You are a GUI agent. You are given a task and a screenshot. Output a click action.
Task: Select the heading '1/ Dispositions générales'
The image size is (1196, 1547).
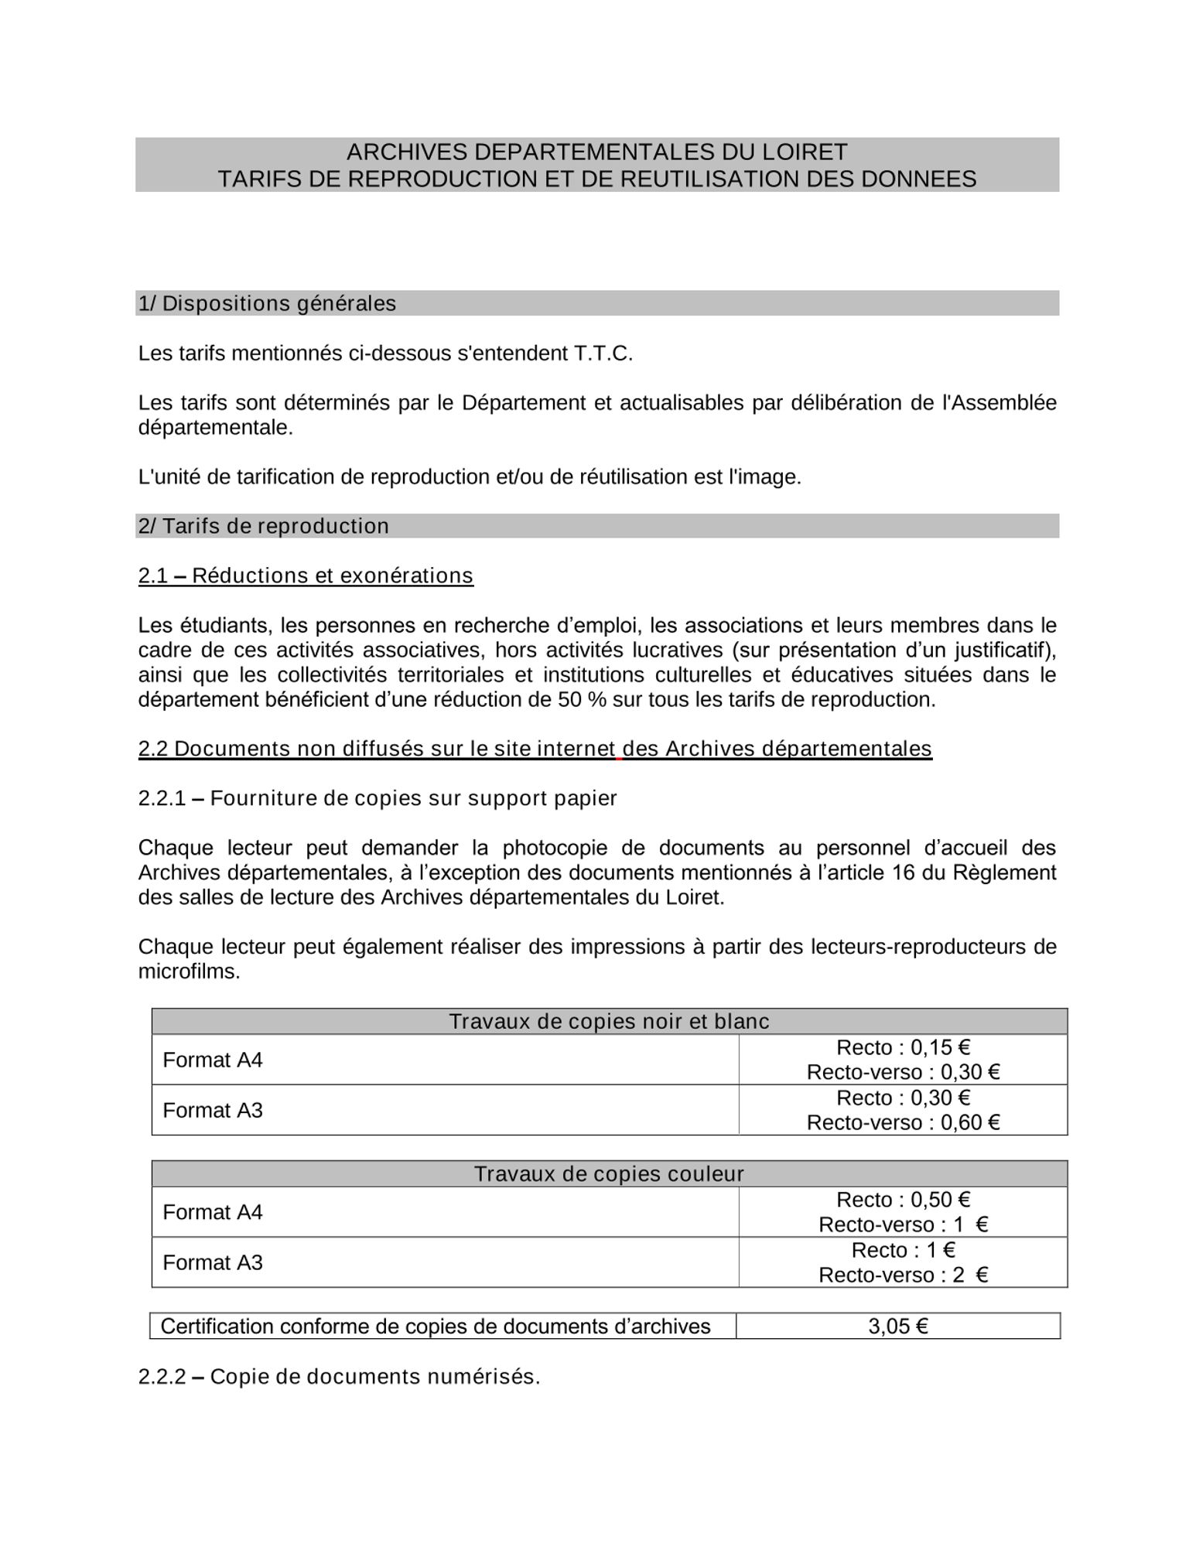[267, 303]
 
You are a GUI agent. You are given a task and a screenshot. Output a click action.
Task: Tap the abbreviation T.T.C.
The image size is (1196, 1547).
[603, 353]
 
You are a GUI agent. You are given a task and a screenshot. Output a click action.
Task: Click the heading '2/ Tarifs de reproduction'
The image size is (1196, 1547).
[263, 526]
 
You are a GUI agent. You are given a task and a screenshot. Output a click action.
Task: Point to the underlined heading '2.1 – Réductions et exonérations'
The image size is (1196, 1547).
[306, 575]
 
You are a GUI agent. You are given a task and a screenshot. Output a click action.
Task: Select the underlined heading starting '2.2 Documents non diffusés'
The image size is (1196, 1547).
[535, 749]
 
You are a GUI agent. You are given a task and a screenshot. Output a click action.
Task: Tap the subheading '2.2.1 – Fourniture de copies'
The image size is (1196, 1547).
[378, 798]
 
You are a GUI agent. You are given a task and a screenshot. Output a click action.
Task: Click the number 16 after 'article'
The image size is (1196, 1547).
[903, 873]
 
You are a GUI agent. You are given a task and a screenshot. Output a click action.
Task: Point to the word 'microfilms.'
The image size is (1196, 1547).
[189, 972]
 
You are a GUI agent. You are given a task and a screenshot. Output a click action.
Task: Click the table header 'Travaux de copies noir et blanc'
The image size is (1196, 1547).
[609, 1022]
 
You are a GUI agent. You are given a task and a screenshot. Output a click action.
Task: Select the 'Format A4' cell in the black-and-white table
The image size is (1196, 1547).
[213, 1060]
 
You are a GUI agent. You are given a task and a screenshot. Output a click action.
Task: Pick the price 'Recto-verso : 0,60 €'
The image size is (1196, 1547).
[903, 1122]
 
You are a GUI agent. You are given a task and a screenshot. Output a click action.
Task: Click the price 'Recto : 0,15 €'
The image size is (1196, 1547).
[903, 1047]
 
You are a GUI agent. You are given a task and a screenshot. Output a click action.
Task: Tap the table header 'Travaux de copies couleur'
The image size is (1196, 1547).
[609, 1174]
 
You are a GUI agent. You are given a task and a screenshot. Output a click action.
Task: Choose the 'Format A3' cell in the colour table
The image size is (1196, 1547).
[213, 1262]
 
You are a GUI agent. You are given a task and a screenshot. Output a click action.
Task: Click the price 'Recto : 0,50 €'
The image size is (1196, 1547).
[903, 1200]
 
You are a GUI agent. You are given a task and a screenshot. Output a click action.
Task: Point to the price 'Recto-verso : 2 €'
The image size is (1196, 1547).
[903, 1275]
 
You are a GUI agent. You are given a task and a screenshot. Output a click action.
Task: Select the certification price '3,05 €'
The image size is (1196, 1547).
[897, 1327]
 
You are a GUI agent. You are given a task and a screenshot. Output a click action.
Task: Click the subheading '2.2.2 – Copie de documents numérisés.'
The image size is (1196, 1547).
[339, 1377]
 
